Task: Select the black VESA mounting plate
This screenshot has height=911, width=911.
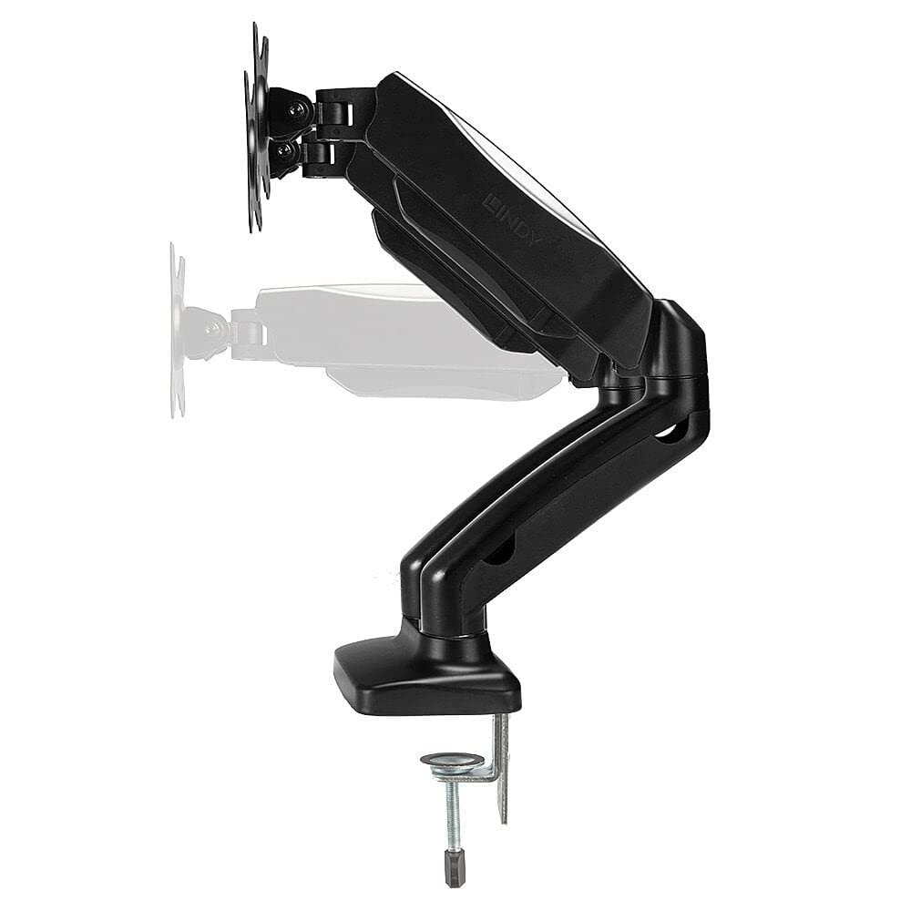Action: click(256, 128)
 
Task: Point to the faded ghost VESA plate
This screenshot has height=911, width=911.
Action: click(177, 330)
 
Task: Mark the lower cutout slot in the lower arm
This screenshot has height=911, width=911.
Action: click(499, 548)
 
